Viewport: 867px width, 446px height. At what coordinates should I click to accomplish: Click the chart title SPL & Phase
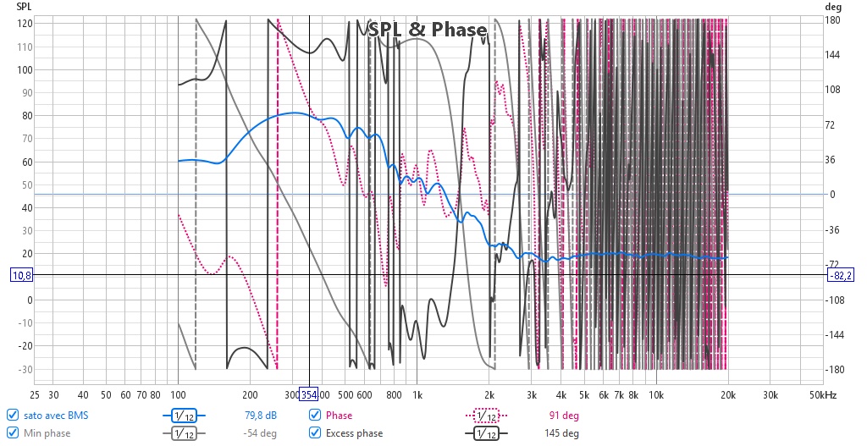[428, 30]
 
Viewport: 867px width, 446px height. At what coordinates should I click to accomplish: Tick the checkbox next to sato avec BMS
[12, 415]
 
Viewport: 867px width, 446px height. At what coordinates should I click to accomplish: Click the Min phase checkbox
[12, 432]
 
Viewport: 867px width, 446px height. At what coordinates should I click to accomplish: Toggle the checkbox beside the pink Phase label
[315, 415]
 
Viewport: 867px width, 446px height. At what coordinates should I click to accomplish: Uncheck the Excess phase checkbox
[315, 432]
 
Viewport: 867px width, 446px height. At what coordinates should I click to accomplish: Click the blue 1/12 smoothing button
[184, 416]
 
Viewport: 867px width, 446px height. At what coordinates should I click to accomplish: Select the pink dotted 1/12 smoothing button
[487, 416]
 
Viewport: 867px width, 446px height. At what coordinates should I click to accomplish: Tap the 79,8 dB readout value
[261, 416]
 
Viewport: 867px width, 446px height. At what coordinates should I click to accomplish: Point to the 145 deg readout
[561, 433]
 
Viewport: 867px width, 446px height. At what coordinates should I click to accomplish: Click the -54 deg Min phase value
[260, 433]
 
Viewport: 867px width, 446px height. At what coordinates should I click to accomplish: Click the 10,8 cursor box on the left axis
[21, 275]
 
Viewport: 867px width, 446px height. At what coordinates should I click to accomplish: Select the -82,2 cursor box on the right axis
[841, 275]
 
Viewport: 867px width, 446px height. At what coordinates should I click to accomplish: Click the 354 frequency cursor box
[308, 394]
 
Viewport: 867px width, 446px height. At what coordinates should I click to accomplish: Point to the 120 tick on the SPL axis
[25, 24]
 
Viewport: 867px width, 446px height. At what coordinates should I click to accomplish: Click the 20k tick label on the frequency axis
[728, 395]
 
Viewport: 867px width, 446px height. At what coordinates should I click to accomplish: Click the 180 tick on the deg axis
[832, 20]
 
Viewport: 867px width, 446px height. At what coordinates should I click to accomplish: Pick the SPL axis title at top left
[24, 7]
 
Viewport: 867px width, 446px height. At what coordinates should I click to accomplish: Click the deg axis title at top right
[833, 7]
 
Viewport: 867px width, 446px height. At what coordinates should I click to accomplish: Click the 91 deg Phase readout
[564, 416]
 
